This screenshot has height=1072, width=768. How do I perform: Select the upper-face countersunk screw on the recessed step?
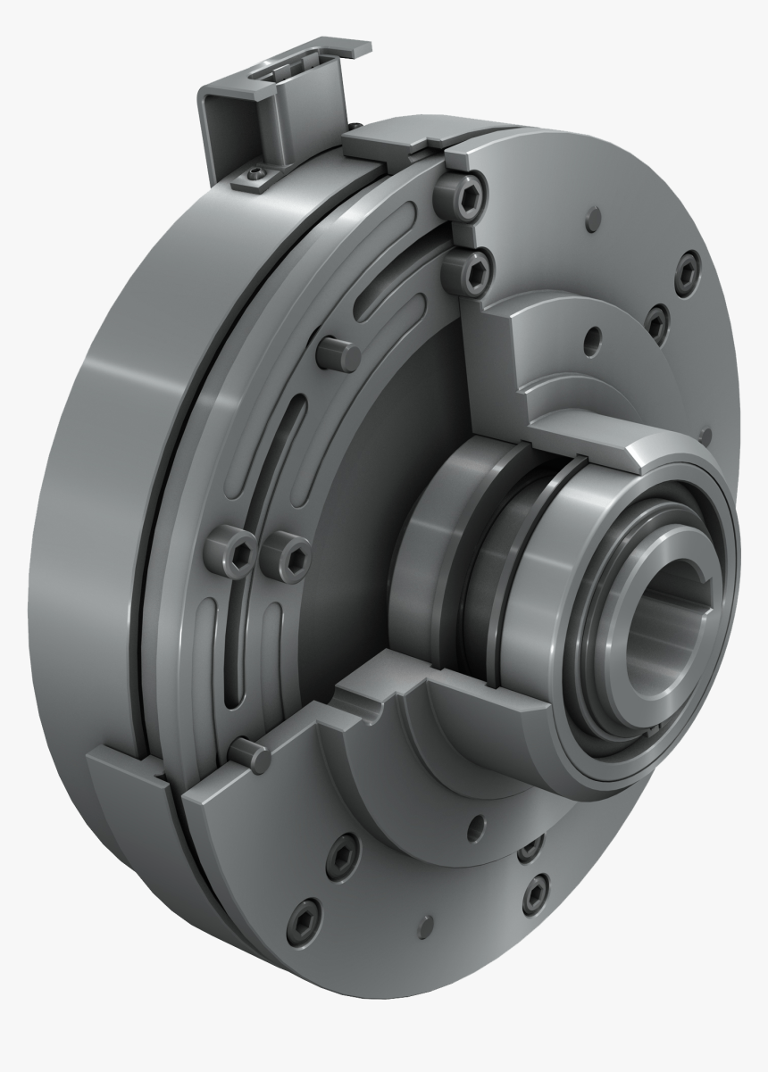coord(655,322)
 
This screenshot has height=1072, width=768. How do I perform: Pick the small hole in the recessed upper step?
coord(589,339)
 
